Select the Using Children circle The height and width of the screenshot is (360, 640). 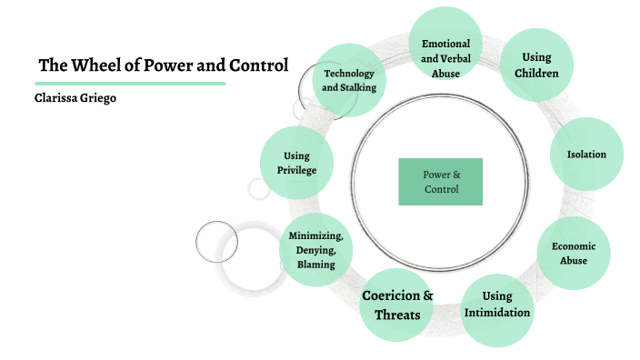[536, 65]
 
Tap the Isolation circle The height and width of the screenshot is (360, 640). [586, 155]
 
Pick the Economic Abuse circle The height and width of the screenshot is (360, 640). [574, 252]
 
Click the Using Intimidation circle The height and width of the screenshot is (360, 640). [497, 305]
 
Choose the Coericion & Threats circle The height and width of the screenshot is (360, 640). [397, 306]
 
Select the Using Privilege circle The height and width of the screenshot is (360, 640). [296, 164]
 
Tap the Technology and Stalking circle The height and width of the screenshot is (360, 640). [349, 80]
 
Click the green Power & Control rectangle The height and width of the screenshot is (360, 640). [441, 182]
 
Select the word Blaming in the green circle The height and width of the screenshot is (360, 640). [315, 265]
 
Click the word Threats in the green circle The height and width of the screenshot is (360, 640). [397, 315]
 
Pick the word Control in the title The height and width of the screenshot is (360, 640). [258, 65]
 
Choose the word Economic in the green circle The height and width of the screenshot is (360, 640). [574, 245]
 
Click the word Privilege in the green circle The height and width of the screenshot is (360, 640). [296, 171]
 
